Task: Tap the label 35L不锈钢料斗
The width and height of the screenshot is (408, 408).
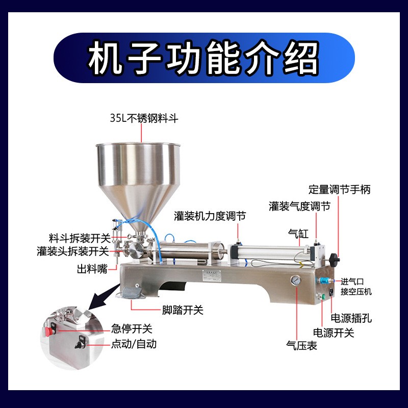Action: pos(144,118)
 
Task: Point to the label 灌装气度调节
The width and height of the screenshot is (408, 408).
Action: pos(299,206)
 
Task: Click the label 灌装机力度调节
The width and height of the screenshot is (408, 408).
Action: pos(210,216)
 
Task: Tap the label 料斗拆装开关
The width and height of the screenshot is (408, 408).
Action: pos(80,238)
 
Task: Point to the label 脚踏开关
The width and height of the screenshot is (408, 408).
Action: pos(182,310)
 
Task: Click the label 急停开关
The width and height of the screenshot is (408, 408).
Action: pos(132,329)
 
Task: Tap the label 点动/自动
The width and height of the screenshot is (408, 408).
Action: pos(134,344)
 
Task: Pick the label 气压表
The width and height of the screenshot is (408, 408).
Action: pos(302,346)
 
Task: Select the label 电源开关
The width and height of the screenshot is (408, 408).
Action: pos(333,333)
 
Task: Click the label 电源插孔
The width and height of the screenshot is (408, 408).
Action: pos(351,318)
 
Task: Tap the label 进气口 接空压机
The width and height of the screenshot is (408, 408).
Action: pos(356,286)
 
